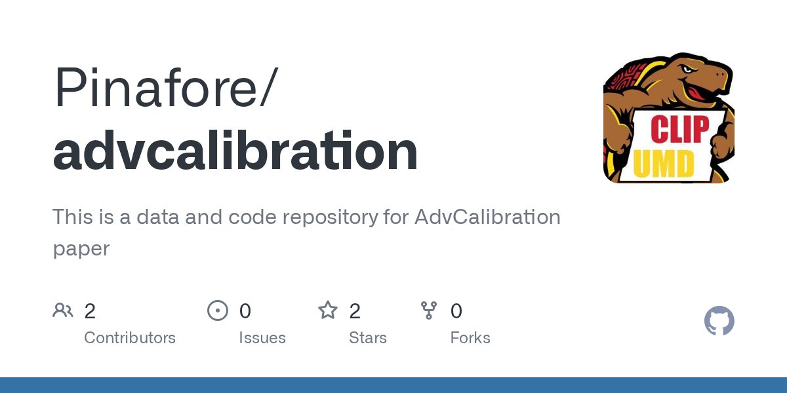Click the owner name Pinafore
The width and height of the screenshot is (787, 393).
(158, 88)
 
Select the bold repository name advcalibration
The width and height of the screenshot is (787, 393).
(235, 151)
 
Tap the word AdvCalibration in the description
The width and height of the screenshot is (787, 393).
(487, 217)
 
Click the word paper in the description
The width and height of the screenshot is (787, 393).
(81, 248)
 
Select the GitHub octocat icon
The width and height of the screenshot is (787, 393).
(719, 322)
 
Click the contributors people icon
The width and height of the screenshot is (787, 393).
(63, 310)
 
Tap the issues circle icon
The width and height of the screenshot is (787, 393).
(217, 310)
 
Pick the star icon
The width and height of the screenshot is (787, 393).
(327, 310)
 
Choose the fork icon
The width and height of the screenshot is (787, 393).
(429, 310)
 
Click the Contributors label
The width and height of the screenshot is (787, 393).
(130, 338)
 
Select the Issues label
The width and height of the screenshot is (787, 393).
(262, 338)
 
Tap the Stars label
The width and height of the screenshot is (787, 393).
(368, 338)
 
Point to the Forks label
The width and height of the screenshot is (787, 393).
(470, 338)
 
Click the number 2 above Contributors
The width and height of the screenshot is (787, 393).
(91, 311)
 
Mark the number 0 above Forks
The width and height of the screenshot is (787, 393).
(456, 311)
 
